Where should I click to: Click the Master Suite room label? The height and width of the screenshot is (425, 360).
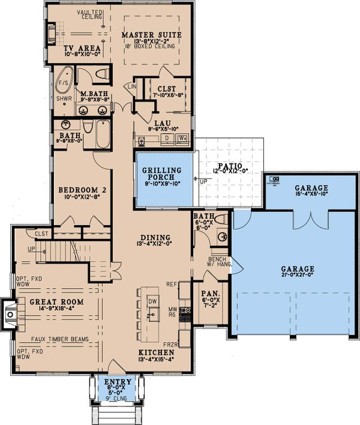151,35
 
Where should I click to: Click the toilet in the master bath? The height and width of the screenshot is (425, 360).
103,74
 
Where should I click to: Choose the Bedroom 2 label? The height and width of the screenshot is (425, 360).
80,191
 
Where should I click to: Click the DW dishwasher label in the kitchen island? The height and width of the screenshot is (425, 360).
152,300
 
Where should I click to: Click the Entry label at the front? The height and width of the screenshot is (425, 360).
113,382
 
